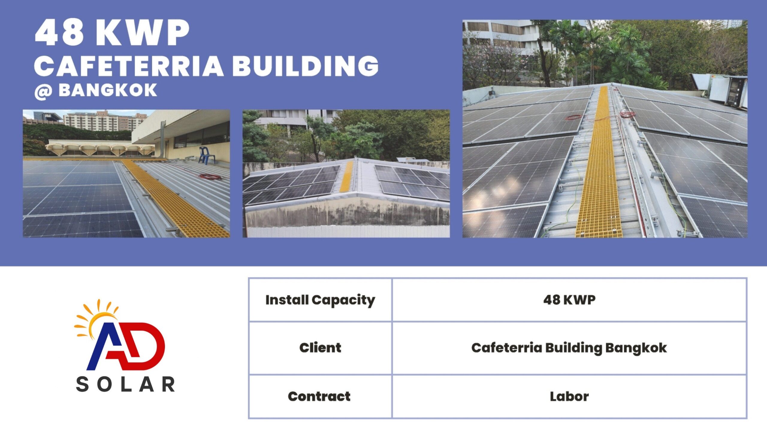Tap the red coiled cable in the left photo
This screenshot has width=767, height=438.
coord(210,176)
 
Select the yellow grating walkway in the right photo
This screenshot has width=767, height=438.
coord(599,163)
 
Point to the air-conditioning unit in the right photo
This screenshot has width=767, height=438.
coord(721,90)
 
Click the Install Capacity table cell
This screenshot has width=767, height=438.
coord(320,300)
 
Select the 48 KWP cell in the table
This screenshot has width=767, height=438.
coord(569,300)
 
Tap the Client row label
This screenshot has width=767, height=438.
coord(320,348)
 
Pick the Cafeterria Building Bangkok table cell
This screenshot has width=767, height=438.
coord(569,348)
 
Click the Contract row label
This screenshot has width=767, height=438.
coord(320,396)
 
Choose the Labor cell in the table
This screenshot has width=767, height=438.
coord(569,396)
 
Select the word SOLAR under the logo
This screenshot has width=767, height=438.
coord(125,384)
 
